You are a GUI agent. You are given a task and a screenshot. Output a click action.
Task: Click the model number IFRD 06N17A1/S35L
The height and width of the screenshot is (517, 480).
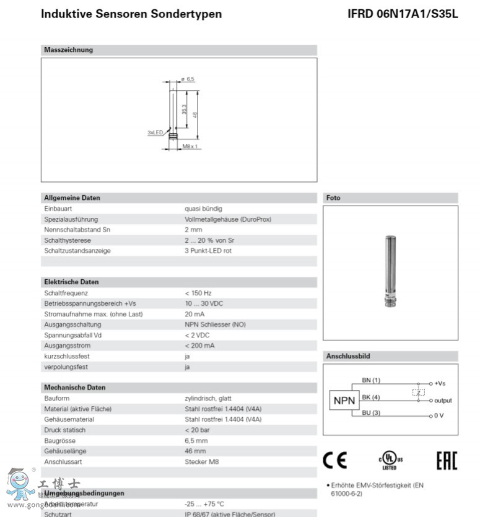[x=403, y=14]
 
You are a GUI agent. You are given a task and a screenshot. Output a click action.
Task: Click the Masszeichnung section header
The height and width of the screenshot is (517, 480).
[x=69, y=50]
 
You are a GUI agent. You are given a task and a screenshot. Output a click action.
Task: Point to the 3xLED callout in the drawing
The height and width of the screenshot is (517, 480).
[x=154, y=133]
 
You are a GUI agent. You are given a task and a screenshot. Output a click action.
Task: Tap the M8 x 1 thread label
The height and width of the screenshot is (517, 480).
[x=190, y=147]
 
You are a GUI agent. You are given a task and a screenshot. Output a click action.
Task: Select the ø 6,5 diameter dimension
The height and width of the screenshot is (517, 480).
[x=188, y=79]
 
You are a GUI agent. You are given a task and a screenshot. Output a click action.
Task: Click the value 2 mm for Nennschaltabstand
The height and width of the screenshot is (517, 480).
[x=193, y=230]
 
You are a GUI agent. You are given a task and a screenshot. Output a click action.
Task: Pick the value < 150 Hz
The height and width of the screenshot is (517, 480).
[x=198, y=293]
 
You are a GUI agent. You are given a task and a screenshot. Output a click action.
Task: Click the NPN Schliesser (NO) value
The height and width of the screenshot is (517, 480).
[x=215, y=324]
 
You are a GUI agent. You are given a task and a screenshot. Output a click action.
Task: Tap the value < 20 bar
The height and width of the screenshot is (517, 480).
[x=198, y=430]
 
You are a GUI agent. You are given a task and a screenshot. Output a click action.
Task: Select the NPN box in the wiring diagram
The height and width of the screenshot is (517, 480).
[x=344, y=401]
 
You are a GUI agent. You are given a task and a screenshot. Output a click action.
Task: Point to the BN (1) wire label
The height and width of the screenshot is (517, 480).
[x=371, y=380]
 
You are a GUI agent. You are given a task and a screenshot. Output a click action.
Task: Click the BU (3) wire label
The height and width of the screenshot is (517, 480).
[x=371, y=413]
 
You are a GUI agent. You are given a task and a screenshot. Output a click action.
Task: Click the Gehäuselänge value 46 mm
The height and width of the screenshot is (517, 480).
[x=195, y=451]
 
